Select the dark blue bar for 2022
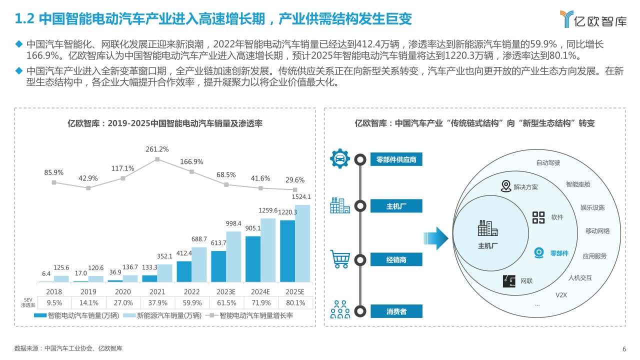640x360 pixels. tap(184, 271)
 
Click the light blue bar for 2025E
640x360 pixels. tap(302, 243)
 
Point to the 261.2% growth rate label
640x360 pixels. tap(157, 149)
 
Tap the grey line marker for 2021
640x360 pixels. tap(157, 159)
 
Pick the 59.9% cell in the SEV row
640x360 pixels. tap(192, 302)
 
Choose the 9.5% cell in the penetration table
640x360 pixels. tap(54, 302)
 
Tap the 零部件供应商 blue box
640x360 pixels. tap(396, 159)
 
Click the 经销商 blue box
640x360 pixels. tap(396, 259)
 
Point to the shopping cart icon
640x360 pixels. tap(340, 259)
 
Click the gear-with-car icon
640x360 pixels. tap(340, 158)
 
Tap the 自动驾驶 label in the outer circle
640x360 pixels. tap(548, 162)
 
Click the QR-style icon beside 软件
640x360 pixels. tap(538, 217)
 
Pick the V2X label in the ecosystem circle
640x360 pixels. tap(561, 295)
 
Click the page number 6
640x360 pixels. tap(624, 349)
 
